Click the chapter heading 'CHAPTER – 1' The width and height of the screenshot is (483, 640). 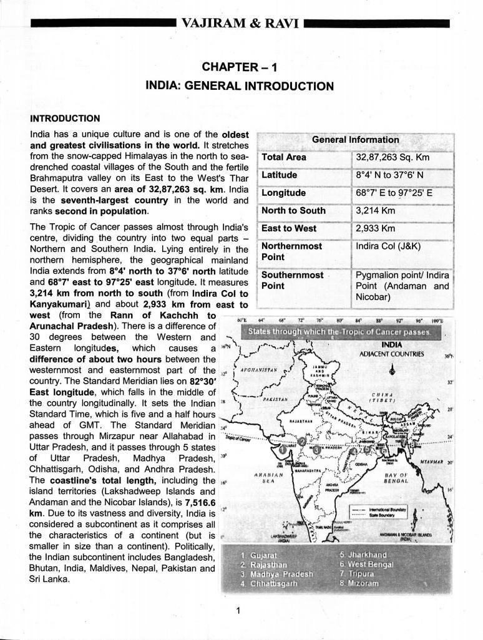(240, 67)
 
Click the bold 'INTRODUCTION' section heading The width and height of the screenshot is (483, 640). (65, 118)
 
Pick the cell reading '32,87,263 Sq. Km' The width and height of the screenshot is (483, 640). (393, 157)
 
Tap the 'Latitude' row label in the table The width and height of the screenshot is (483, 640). (279, 175)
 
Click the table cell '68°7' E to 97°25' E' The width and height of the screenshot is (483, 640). (394, 193)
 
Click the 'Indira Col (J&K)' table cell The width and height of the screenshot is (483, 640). (388, 246)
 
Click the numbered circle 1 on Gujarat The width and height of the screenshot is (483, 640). (283, 448)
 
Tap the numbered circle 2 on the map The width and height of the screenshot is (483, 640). (303, 442)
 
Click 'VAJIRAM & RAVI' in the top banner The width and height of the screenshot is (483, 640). (241, 24)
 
